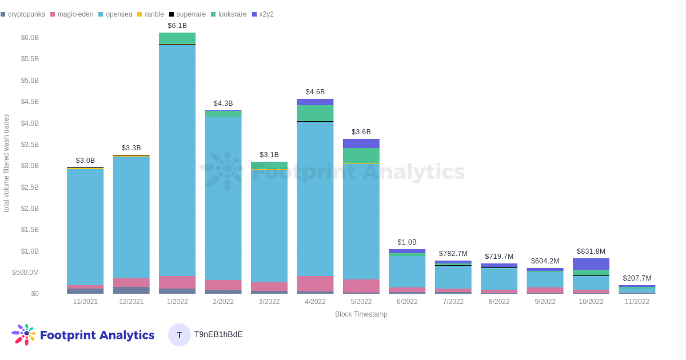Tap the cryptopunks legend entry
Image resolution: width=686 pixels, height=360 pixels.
[x=23, y=14]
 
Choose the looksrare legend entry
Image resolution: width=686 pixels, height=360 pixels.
[x=230, y=14]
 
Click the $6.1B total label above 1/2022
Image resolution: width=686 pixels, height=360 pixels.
[x=177, y=26]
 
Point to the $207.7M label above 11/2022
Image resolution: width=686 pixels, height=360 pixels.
[x=637, y=278]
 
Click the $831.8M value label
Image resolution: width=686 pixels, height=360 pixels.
[x=591, y=251]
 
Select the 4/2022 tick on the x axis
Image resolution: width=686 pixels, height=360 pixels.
[x=315, y=302]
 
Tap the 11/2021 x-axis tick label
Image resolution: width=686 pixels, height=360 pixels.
[x=85, y=302]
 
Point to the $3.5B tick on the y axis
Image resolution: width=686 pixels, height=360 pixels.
[x=30, y=145]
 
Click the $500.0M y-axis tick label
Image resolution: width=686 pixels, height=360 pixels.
[x=25, y=273]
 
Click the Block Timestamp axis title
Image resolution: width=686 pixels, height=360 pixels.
[x=361, y=314]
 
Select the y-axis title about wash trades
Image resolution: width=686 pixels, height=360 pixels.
[x=6, y=163]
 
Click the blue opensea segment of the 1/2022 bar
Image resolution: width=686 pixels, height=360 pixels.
[x=177, y=160]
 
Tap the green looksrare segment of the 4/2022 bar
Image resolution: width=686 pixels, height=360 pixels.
[x=315, y=113]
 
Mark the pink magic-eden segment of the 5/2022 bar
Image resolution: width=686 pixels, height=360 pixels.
[x=361, y=286]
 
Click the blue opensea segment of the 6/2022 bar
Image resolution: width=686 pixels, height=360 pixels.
[x=407, y=271]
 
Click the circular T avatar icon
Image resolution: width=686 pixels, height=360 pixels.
[x=180, y=335]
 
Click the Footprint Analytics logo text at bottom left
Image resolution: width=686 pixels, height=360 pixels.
[x=97, y=335]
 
